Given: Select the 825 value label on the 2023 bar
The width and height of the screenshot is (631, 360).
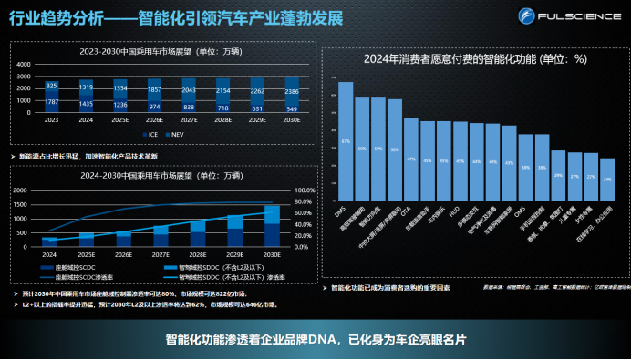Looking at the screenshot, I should (51, 86).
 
